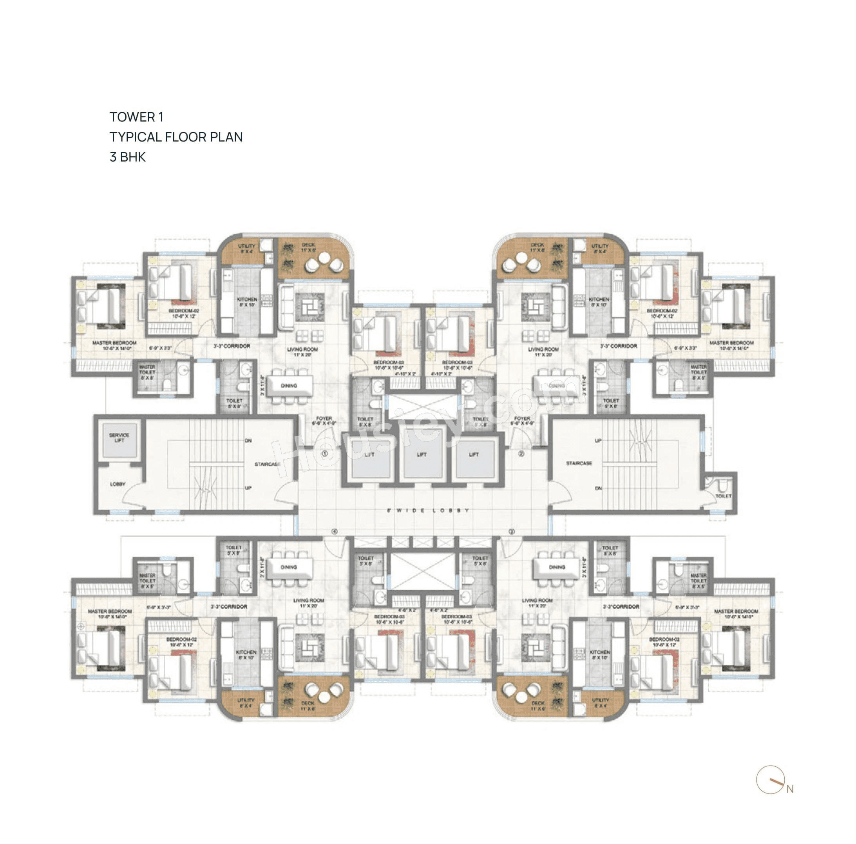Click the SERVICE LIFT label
coord(119,437)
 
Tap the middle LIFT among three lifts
coord(422,454)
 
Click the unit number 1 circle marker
coord(324,454)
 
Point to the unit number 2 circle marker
coord(521,454)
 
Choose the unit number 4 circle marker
coord(335,532)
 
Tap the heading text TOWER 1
coord(136,117)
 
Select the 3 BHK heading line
coord(128,157)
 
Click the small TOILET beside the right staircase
coord(723,496)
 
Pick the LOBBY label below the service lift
coord(118,484)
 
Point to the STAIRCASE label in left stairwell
coord(268,464)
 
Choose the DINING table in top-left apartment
coord(289,386)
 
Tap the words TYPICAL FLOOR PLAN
coord(176,137)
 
